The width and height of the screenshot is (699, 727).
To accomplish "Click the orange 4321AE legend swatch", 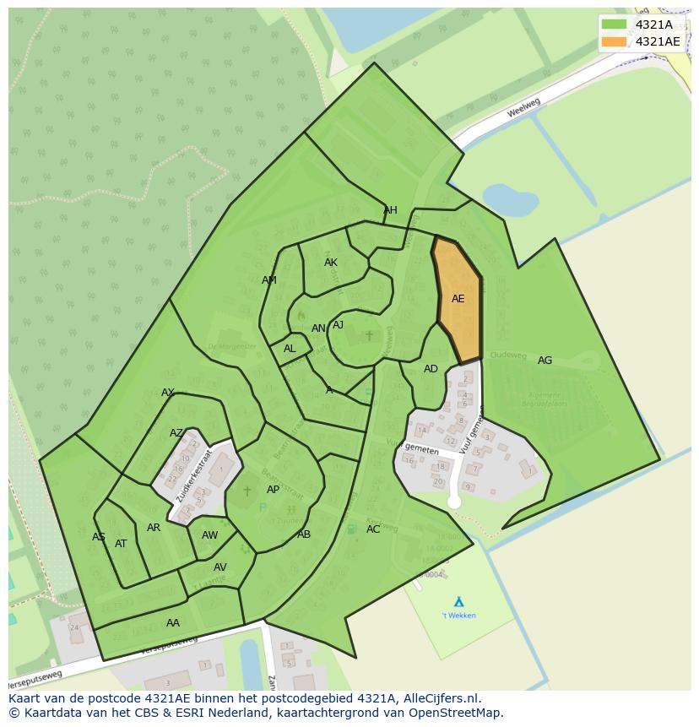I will coord(614,41).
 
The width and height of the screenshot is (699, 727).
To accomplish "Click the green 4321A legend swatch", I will coord(614,24).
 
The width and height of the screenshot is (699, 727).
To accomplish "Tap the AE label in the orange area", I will coord(458,299).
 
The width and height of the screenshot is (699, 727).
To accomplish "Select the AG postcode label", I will coord(545,361).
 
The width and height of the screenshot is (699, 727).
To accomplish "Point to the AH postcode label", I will coord(390,210).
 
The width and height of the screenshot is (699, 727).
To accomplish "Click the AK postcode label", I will coord(330,263).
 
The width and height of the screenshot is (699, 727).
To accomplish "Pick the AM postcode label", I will coord(268,280).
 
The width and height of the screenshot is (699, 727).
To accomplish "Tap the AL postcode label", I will coord(290,349).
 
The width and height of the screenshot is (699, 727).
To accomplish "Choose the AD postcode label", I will coord(431,369).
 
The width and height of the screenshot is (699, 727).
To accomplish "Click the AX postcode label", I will coord(167,393).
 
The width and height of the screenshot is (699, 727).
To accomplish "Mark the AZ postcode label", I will coord(176,433).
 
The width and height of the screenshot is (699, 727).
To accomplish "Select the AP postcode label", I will coord(273,490).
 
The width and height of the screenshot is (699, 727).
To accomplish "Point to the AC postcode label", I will coord(373,529).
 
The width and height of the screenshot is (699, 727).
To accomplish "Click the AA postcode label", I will coord(172,623).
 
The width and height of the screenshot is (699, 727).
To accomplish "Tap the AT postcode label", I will coord(121,544).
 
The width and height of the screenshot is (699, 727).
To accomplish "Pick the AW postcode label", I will coord(209,535).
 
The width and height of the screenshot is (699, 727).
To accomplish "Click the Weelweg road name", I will coord(523,109).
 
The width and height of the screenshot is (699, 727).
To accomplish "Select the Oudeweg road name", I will coord(508,355).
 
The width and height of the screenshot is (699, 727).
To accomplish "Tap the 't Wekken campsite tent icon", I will coord(458,601).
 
